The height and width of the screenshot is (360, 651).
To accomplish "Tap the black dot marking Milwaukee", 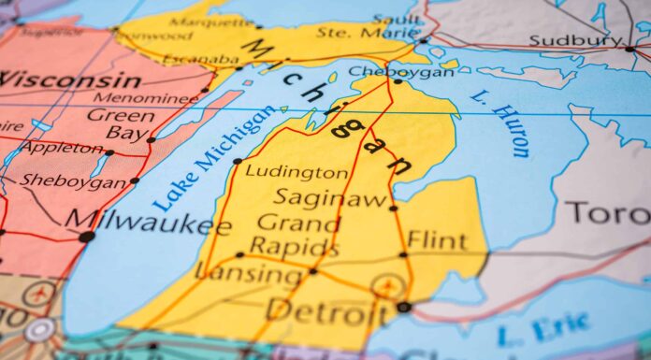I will click(87, 238).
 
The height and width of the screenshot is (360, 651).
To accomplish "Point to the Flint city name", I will click(436, 240).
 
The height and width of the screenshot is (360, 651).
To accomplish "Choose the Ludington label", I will click(297, 172).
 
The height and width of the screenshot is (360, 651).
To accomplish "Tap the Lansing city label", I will click(247, 274).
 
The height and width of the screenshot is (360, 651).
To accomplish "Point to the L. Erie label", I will click(543, 331).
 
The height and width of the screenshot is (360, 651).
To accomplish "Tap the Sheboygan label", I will click(72, 181).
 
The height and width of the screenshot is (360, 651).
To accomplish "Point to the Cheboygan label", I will click(387, 70).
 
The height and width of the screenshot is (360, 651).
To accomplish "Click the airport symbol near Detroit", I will click(385, 287).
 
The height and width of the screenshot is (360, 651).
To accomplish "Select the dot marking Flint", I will click(404, 254).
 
